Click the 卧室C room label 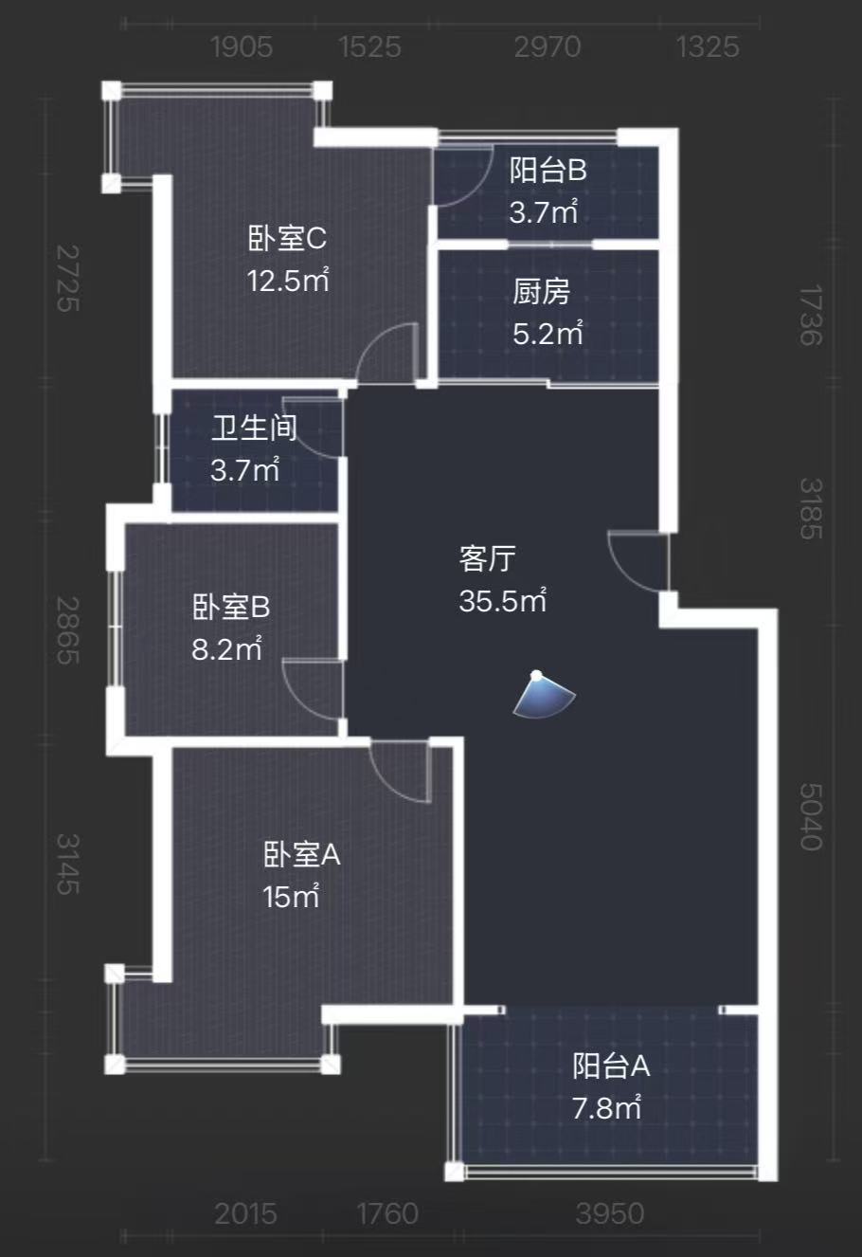[x=287, y=238]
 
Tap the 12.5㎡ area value [x=288, y=281]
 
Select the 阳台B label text [x=548, y=171]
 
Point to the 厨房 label [x=542, y=292]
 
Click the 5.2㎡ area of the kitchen [x=548, y=334]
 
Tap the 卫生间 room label [x=253, y=428]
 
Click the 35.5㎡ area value [x=503, y=601]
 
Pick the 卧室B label [x=231, y=607]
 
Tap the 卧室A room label [x=301, y=855]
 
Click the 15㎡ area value [x=291, y=897]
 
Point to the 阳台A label [x=611, y=1066]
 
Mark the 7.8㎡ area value [x=607, y=1108]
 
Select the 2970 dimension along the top [x=547, y=46]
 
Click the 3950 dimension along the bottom [x=610, y=1213]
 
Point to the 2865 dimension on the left [x=67, y=629]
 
